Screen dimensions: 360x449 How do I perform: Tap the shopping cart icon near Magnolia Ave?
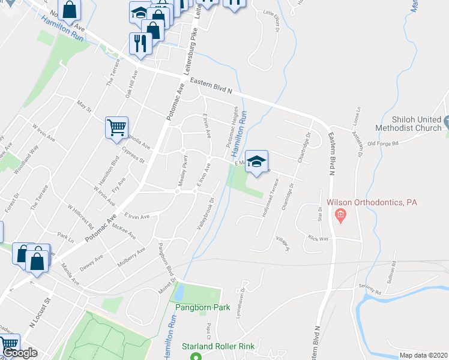(116, 127)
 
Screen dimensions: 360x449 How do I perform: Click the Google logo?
(20, 353)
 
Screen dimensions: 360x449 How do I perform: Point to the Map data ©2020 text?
(423, 355)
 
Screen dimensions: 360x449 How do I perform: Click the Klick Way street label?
(319, 238)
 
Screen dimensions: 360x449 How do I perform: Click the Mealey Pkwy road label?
(182, 169)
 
